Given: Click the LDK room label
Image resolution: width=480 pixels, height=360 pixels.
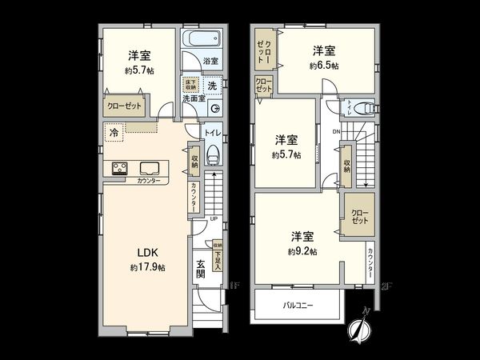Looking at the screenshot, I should coord(146,254).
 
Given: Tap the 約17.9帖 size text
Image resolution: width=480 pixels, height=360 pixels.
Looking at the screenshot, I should coord(147,267).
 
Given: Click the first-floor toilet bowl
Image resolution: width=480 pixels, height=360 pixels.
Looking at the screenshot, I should coord(213,154).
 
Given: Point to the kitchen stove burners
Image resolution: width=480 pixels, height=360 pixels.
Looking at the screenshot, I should coord(121,168).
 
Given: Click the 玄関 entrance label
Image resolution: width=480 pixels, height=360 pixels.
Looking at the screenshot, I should coord(200,270).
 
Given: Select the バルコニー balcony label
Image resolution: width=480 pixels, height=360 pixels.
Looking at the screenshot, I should coord(298,305).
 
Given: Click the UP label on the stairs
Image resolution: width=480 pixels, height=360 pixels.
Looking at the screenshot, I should coord(213,219).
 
